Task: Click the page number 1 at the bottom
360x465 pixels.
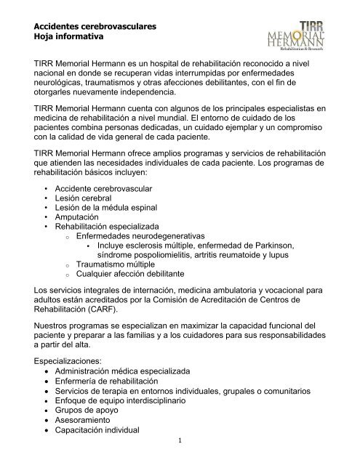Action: click(179, 458)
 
